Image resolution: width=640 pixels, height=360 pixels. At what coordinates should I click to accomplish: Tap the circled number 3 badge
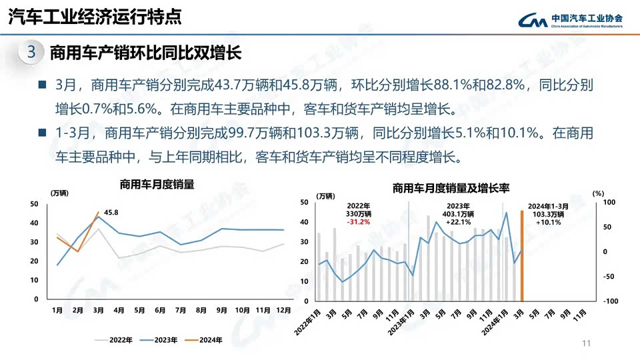[31, 52]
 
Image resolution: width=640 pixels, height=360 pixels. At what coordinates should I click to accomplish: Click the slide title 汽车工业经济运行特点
[94, 17]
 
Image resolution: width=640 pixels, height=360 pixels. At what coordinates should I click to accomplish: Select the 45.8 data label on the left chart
[111, 213]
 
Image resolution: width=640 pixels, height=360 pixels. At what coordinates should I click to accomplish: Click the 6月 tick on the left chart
[160, 311]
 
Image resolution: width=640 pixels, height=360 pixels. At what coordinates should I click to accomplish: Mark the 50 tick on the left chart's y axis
[34, 204]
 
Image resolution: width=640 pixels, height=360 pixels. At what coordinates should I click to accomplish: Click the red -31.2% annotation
[359, 223]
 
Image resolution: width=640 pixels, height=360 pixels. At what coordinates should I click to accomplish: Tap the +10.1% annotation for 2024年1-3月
[549, 223]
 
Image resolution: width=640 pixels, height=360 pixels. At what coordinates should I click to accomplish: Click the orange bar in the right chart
[522, 256]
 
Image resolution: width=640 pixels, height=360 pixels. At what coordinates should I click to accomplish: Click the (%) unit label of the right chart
[597, 193]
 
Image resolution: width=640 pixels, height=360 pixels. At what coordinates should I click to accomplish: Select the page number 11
[586, 343]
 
